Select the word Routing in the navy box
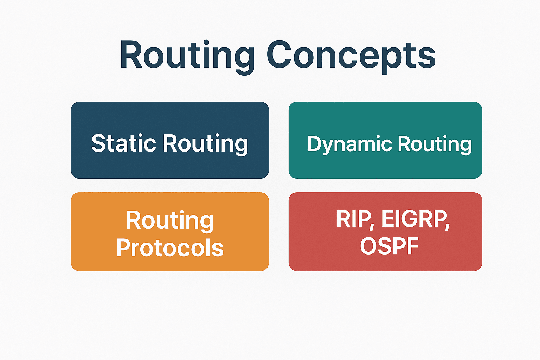(205, 144)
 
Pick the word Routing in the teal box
(435, 144)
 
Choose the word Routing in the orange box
(170, 220)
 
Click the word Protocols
(170, 247)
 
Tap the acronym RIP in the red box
(353, 219)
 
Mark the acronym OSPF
(389, 246)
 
